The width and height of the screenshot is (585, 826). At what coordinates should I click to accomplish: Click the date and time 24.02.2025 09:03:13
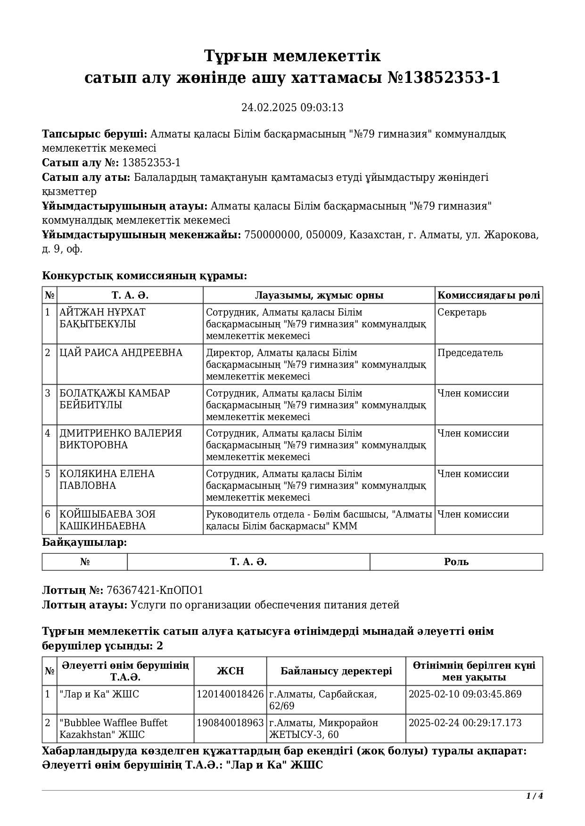pos(292,107)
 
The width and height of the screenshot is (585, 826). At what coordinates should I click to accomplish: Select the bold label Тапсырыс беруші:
pos(95,134)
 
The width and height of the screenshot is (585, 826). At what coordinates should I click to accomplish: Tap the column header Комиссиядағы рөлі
pos(488,295)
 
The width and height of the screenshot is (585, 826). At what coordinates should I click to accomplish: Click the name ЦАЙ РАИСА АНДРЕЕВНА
pos(121,353)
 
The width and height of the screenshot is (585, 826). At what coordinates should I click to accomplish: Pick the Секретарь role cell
pos(461,312)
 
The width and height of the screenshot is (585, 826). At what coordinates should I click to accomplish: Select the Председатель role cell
pos(470,353)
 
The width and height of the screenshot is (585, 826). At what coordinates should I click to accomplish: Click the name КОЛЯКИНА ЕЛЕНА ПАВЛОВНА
pos(107,479)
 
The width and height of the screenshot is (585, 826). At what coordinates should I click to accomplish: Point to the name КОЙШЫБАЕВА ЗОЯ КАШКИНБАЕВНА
pos(107,520)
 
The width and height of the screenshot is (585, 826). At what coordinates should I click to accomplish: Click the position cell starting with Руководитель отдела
pos(318,520)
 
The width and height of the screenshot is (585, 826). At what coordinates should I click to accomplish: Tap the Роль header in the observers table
pos(456,562)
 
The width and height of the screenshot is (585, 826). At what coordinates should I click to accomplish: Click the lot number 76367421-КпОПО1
pos(155,591)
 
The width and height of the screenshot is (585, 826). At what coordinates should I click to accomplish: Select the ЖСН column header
pos(230,671)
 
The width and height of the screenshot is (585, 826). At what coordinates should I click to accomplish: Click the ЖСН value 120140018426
pos(230,694)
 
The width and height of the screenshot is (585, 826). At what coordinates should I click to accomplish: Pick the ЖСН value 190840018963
pos(230,723)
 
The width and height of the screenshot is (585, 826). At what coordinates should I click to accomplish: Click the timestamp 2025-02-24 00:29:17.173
pos(465,723)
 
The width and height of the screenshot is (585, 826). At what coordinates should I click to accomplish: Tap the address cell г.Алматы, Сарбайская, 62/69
pos(323,700)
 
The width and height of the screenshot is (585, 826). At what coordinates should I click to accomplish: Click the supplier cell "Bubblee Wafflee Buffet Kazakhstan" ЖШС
pos(113,729)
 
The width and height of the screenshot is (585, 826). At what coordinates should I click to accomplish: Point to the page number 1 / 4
pos(535,796)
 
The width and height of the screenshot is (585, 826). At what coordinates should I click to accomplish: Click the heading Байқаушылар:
pos(84,543)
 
